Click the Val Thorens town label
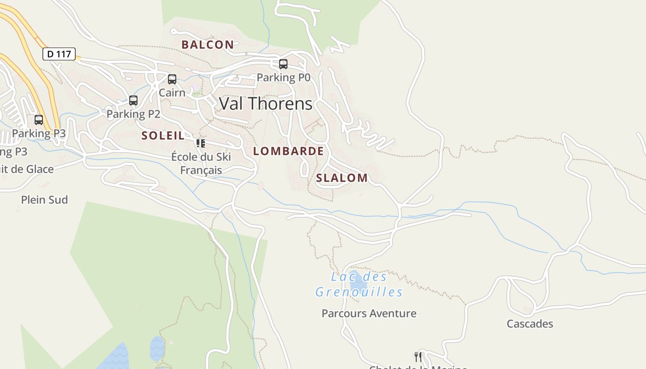[x=265, y=104]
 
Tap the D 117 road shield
[x=59, y=54]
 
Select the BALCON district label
[x=208, y=45]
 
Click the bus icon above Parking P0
[x=283, y=64]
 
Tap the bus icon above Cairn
[x=172, y=79]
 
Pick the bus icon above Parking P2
[x=133, y=100]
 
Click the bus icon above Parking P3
[x=39, y=120]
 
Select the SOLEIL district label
[x=163, y=136]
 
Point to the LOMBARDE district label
[x=288, y=151]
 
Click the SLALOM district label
[x=342, y=178]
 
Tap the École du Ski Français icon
[x=201, y=143]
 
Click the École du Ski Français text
[x=201, y=163]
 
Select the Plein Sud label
[x=44, y=200]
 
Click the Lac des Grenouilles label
[x=359, y=285]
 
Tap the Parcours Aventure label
[x=369, y=314]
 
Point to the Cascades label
[x=530, y=324]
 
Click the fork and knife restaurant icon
[x=418, y=357]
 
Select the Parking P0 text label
[x=283, y=77]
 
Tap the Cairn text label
[x=172, y=93]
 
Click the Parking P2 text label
[x=133, y=114]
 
